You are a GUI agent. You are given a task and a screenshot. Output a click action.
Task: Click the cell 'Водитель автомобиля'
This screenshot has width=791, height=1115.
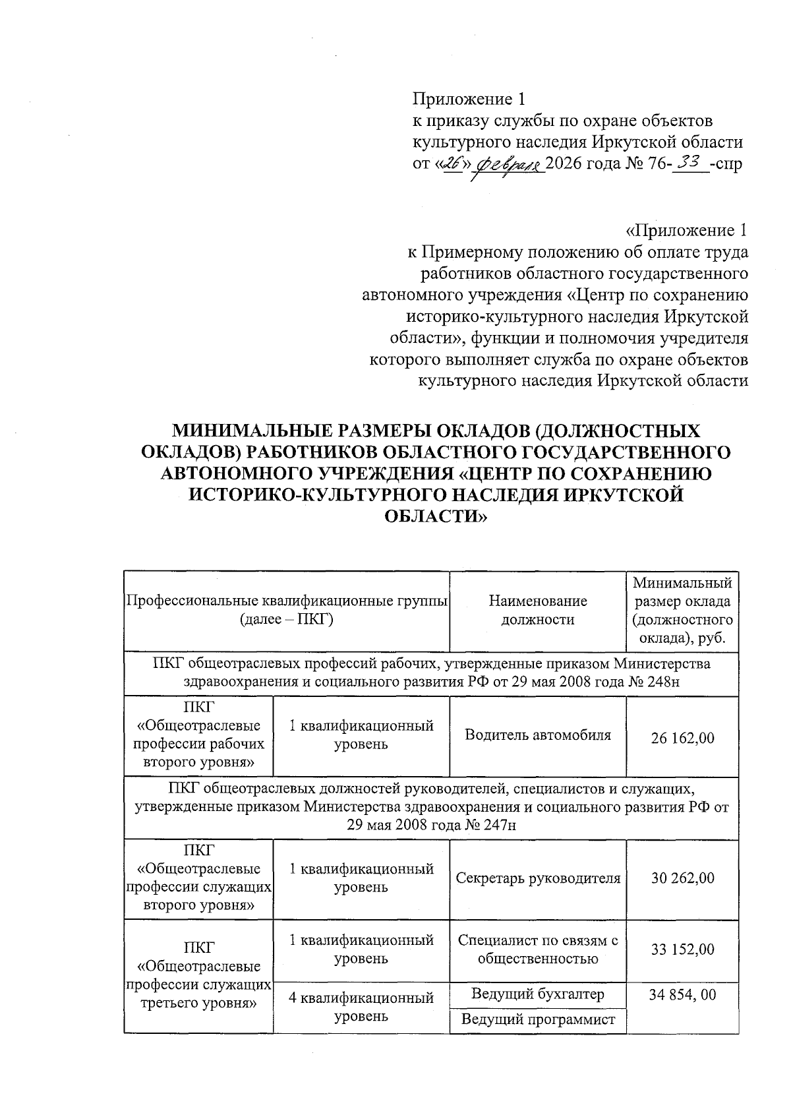pos(538,735)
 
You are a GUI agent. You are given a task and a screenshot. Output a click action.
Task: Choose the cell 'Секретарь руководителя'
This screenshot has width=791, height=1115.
pos(538,878)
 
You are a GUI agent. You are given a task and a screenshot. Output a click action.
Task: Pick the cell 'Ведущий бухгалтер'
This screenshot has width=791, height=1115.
pos(538,994)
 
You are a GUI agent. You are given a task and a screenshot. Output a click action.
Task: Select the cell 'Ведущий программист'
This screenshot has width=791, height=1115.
pos(538,1019)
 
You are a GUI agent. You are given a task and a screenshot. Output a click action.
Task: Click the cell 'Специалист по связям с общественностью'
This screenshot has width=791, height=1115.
pos(538,949)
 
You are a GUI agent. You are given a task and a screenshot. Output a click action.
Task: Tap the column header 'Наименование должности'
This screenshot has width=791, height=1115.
pos(538,611)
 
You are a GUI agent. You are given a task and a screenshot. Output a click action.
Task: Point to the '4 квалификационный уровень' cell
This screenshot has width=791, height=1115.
pos(361,1007)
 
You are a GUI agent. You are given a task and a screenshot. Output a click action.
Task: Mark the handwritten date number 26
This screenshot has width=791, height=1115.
pos(452,163)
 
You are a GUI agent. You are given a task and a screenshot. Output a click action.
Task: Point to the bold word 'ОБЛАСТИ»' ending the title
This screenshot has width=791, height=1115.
pos(436,516)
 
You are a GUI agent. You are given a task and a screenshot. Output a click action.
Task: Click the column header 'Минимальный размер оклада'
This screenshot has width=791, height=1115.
pos(682,611)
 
